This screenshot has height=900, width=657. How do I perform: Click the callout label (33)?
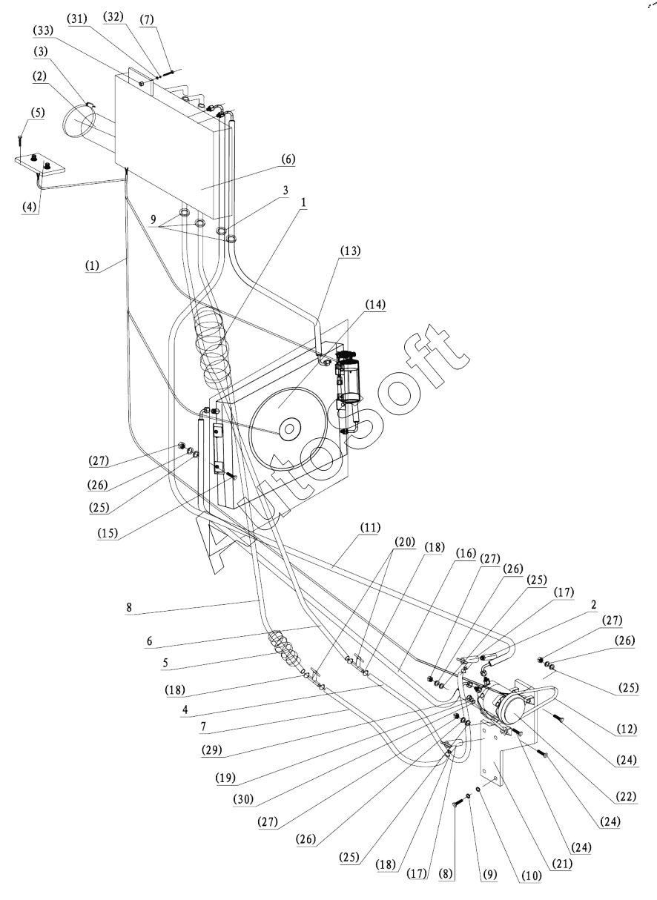(43, 30)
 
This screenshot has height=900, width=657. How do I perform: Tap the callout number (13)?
(350, 251)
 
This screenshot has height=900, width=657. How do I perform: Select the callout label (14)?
(375, 305)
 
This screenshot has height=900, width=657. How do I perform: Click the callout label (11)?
(370, 528)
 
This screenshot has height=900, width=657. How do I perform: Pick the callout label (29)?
(212, 750)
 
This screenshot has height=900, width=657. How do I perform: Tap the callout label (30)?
(243, 800)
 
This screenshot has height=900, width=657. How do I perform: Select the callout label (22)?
(626, 796)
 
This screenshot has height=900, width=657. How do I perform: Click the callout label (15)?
(108, 533)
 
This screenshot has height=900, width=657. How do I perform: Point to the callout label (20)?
(404, 542)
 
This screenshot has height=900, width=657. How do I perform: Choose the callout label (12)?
(627, 729)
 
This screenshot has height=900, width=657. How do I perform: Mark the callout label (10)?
(531, 876)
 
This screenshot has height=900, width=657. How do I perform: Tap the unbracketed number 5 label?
(165, 663)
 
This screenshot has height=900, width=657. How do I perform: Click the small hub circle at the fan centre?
(288, 429)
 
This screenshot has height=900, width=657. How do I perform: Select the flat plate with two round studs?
(40, 165)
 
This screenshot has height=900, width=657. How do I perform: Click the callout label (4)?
(28, 207)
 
